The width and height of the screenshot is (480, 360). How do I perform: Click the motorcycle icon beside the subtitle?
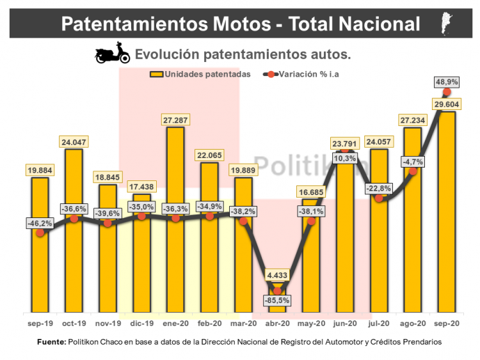tap(112, 54)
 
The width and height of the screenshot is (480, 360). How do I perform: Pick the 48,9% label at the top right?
tap(447, 82)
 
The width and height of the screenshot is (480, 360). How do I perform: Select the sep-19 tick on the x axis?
tap(40, 324)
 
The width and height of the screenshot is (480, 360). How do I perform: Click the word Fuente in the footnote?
tap(51, 342)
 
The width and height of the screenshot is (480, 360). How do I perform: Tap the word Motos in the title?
tap(239, 24)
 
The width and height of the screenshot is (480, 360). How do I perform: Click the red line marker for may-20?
tap(312, 221)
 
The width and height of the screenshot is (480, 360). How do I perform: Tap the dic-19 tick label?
tap(141, 324)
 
